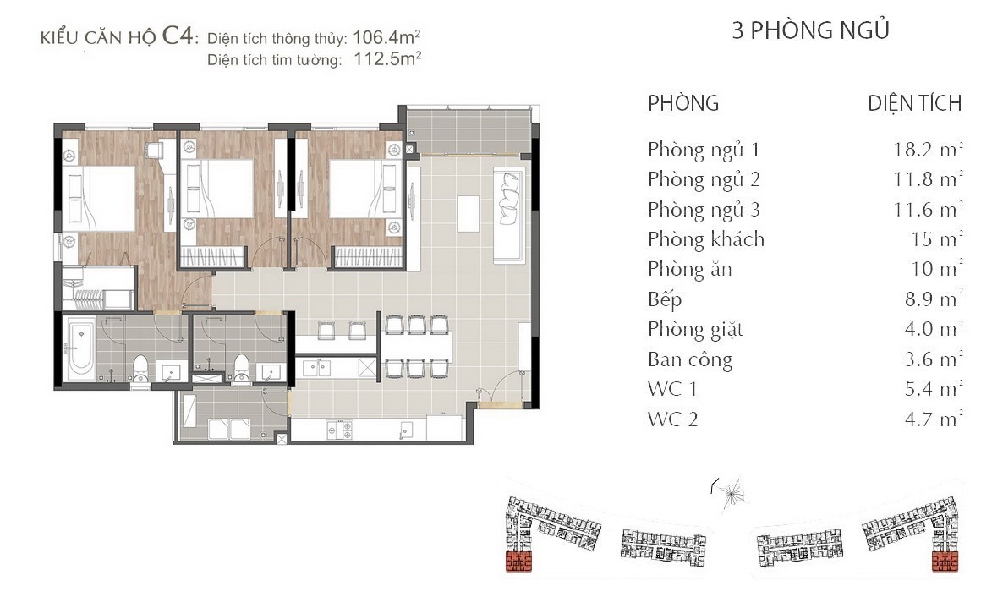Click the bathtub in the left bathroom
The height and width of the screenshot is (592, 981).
tap(81, 348)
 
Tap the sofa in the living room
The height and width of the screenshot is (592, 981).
tap(508, 213)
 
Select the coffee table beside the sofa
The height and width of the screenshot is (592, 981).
tap(469, 213)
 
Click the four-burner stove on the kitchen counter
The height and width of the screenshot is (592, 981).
tap(339, 430)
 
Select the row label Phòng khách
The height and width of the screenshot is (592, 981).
tap(705, 239)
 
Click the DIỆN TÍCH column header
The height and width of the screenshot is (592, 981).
tap(914, 103)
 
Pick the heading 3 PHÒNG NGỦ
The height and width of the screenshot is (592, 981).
tap(810, 30)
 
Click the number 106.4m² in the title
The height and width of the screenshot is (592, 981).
tap(386, 37)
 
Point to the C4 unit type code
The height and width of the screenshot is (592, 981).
tap(178, 35)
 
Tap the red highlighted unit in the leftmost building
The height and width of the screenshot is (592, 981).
tap(517, 562)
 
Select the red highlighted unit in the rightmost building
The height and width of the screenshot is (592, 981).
tap(945, 561)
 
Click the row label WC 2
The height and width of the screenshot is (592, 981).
tap(672, 419)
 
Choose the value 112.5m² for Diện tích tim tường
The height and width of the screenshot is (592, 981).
tap(387, 59)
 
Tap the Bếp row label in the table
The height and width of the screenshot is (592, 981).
tap(665, 299)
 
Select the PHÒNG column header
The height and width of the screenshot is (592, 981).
tap(683, 103)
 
